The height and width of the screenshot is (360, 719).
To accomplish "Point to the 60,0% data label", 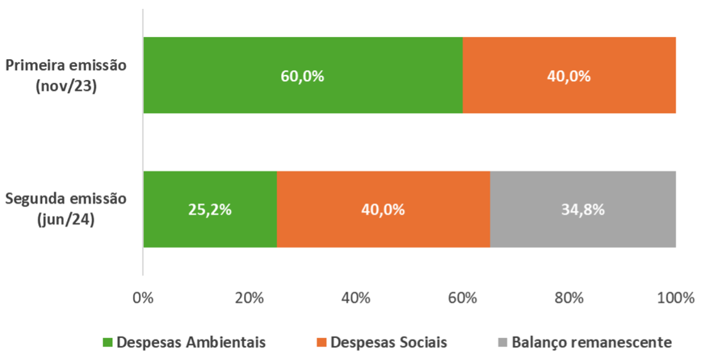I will [303, 76].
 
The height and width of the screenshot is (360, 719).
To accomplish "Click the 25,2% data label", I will [210, 210].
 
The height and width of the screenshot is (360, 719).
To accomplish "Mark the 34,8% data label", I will [583, 210].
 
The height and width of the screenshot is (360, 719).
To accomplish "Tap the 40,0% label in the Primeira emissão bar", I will [569, 76].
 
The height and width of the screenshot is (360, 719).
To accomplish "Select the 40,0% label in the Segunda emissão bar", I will [383, 210].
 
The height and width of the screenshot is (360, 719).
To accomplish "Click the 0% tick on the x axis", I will [143, 298].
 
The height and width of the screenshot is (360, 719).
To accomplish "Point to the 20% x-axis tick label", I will [250, 298].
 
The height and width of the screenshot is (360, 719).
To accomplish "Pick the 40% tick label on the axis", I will [356, 298].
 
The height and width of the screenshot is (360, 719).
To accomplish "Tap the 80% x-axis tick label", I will [569, 298].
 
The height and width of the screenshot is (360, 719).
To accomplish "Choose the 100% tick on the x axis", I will [675, 298].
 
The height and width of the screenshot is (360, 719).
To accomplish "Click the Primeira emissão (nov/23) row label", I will [67, 76].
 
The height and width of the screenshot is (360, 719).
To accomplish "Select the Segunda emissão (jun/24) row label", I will [67, 209].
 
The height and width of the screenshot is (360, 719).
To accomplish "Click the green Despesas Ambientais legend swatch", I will [108, 342].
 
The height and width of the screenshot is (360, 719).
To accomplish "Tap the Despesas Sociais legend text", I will [389, 342].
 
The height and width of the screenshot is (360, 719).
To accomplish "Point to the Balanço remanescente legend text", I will [592, 342].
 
